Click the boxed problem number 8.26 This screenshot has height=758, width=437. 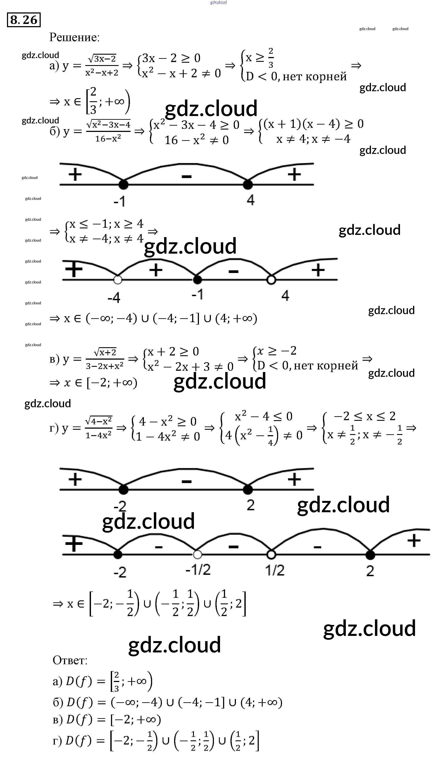point(24,20)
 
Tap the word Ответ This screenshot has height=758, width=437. point(70,660)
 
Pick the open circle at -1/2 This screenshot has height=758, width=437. point(197,554)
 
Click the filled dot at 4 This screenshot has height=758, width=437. point(248,185)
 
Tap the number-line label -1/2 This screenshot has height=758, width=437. point(198,569)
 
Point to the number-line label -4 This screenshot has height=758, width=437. point(114,298)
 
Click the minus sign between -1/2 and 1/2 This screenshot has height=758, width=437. point(233,547)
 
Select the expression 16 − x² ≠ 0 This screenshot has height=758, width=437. point(197,140)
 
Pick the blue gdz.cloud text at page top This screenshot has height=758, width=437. point(218,2)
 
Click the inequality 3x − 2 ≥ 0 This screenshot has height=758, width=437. point(171,58)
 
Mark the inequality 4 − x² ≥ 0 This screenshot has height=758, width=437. point(168,421)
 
